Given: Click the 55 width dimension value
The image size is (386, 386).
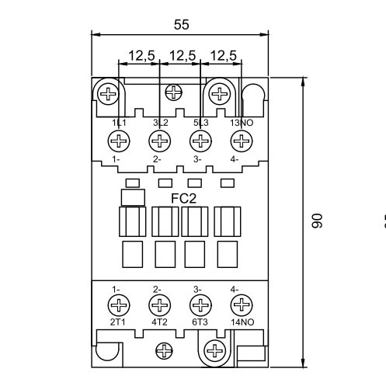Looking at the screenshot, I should pos(181,25).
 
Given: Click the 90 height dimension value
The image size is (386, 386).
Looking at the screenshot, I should pos(316,222).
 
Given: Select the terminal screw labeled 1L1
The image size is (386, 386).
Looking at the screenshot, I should pos(119,141).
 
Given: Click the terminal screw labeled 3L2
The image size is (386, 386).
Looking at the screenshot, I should pos(159,141).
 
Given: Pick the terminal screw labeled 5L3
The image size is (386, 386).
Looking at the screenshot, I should pos(200,141).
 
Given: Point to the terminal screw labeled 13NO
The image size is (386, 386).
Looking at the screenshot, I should pos(242,141).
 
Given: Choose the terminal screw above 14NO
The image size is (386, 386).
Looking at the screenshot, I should pos(242,304).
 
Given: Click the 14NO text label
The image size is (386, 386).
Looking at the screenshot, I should pos(242,321).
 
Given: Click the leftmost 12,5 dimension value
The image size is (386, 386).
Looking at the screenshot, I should pos(140,55).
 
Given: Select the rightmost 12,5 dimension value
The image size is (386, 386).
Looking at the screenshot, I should pos(222,55).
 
